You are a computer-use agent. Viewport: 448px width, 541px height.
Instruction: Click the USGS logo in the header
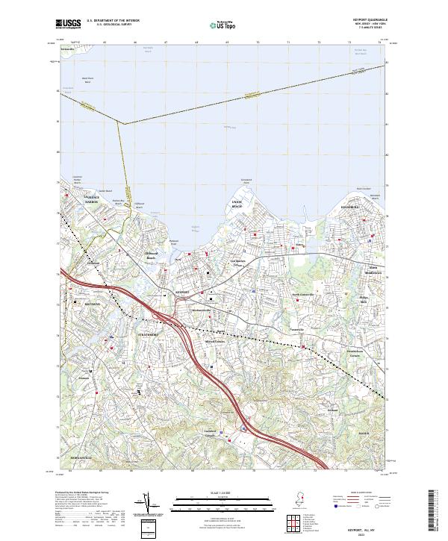[69, 25]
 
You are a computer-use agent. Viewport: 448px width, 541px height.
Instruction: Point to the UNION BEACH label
[238, 203]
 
